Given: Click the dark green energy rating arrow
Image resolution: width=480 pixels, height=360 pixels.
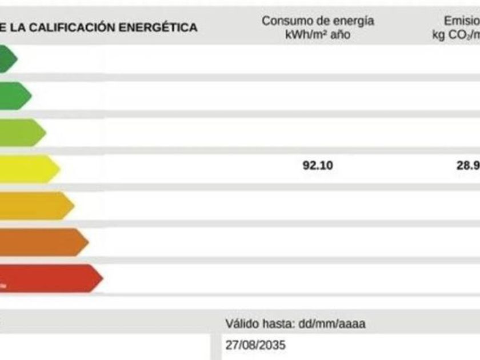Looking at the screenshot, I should (7, 59).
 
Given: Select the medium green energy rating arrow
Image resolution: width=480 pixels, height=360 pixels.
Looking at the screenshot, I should (14, 95).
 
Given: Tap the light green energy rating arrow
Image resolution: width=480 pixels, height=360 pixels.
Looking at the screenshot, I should (22, 133).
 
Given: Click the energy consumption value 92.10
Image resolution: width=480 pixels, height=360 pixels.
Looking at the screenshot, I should (318, 166).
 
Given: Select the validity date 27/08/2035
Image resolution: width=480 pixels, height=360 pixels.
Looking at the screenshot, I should (255, 346).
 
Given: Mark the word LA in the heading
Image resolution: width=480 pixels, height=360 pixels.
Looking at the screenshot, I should (18, 27).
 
